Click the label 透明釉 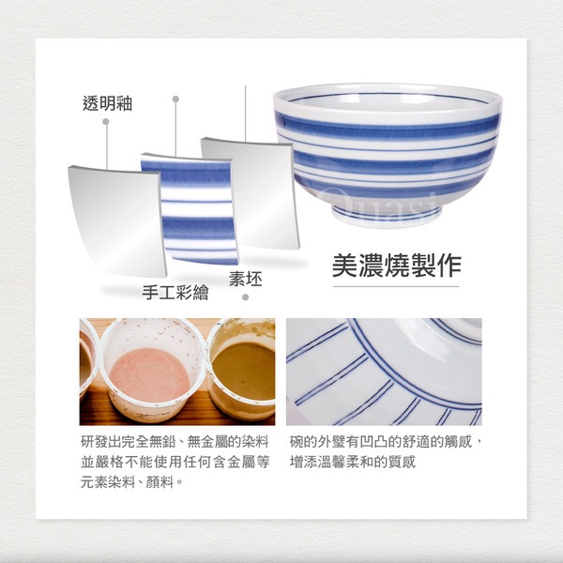coord(107,103)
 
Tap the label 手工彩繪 coord(175,292)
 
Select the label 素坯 coord(246,279)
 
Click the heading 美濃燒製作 coord(396,266)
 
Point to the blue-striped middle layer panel coord(190,209)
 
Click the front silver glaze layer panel coord(117,221)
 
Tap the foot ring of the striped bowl coord(387,215)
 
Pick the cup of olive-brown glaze coord(242,369)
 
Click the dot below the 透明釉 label coord(105,122)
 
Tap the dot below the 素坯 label coord(246,297)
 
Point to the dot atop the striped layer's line coord(175,99)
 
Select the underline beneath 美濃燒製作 coord(396,286)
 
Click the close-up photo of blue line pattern coord(384,372)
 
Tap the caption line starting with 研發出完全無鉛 coord(175,442)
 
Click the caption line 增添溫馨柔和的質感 coord(353,462)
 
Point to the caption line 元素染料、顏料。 coord(131,482)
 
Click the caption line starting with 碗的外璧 coord(386,442)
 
